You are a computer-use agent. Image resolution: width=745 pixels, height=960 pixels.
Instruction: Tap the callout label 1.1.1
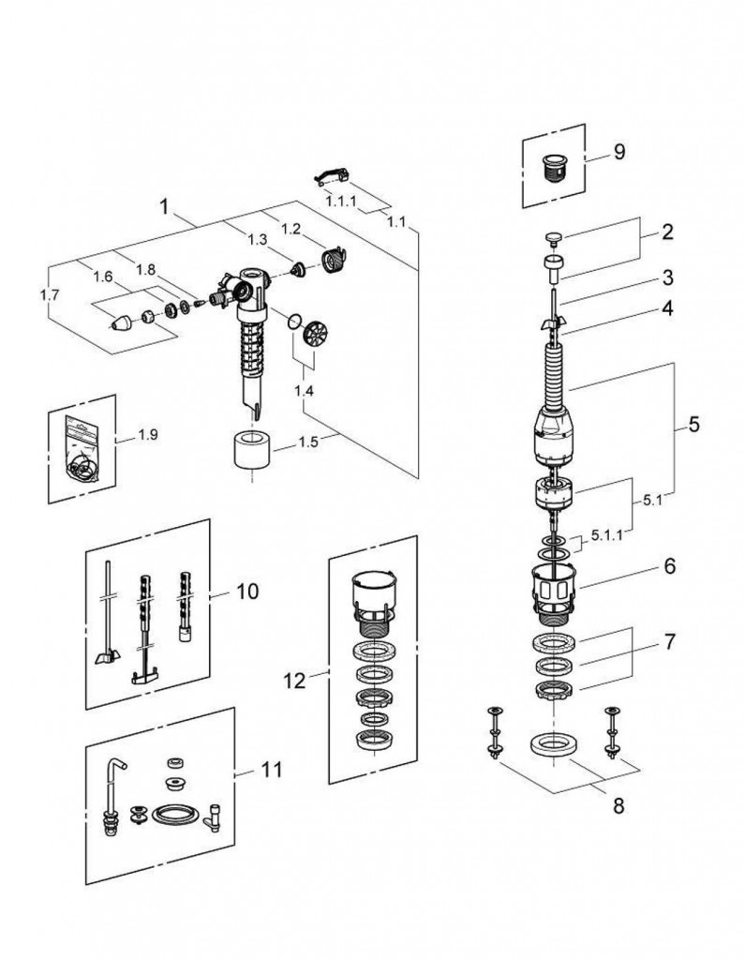click(342, 201)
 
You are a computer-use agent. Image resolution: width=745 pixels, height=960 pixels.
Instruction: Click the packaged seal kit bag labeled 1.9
click(82, 447)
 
